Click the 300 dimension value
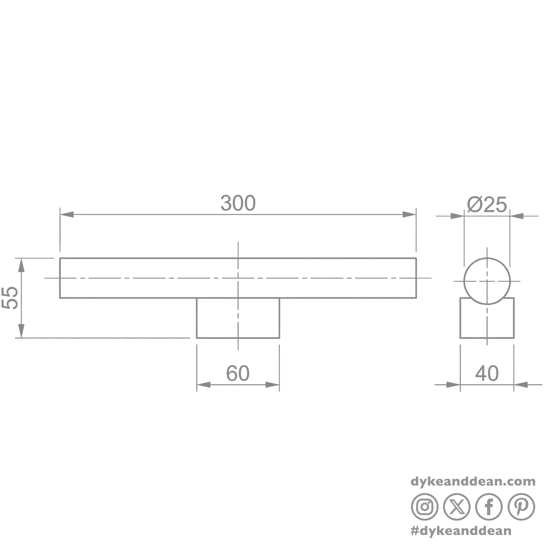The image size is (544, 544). click(x=238, y=203)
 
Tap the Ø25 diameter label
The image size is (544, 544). click(x=487, y=205)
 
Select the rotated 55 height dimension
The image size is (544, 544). click(x=10, y=298)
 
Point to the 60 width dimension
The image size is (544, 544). click(x=238, y=373)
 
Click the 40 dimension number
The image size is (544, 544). click(x=487, y=373)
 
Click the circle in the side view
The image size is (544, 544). click(x=464, y=281)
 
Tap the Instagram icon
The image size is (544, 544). click(x=425, y=507)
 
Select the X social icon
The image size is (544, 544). click(x=457, y=507)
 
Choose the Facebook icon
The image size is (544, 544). click(x=489, y=507)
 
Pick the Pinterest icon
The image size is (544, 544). click(x=521, y=507)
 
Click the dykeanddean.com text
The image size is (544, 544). click(x=473, y=482)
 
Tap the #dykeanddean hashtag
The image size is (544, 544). click(x=461, y=531)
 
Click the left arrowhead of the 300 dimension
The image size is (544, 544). click(x=67, y=215)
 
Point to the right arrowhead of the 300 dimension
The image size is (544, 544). click(x=410, y=215)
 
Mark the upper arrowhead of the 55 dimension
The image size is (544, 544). click(x=21, y=265)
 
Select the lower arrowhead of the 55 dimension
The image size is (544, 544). click(x=21, y=331)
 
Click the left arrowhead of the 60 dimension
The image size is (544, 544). click(x=204, y=384)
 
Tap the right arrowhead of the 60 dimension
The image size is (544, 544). click(x=272, y=384)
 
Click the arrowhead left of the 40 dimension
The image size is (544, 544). click(x=453, y=384)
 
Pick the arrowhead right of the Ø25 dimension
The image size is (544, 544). click(x=517, y=216)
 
